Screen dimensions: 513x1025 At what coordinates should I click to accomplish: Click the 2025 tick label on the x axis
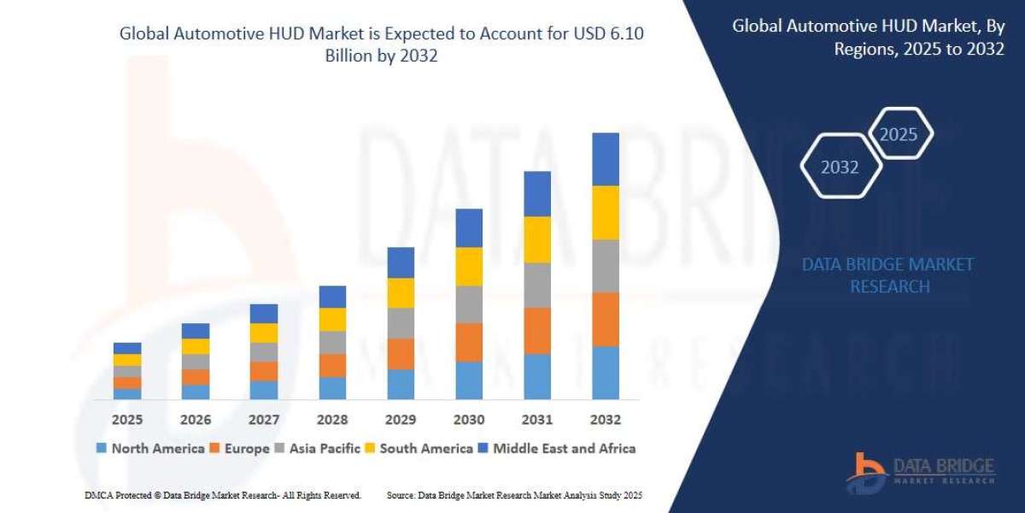126,420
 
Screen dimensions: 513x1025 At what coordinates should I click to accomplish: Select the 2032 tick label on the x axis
605,420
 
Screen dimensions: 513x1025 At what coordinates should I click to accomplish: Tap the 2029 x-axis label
400,420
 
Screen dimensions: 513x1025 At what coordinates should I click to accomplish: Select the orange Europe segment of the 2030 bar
468,342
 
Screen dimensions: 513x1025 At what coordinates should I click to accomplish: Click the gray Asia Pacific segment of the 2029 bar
400,322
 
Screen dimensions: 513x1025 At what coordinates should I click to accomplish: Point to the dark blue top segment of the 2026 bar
195,331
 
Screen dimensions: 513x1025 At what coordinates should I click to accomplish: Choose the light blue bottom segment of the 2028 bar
331,387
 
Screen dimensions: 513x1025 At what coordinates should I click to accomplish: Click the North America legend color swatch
102,448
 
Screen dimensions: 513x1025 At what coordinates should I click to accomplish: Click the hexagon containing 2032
840,168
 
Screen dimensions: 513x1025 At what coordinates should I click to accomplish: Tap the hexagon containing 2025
899,134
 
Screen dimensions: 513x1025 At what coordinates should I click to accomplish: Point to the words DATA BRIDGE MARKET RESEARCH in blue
888,275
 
